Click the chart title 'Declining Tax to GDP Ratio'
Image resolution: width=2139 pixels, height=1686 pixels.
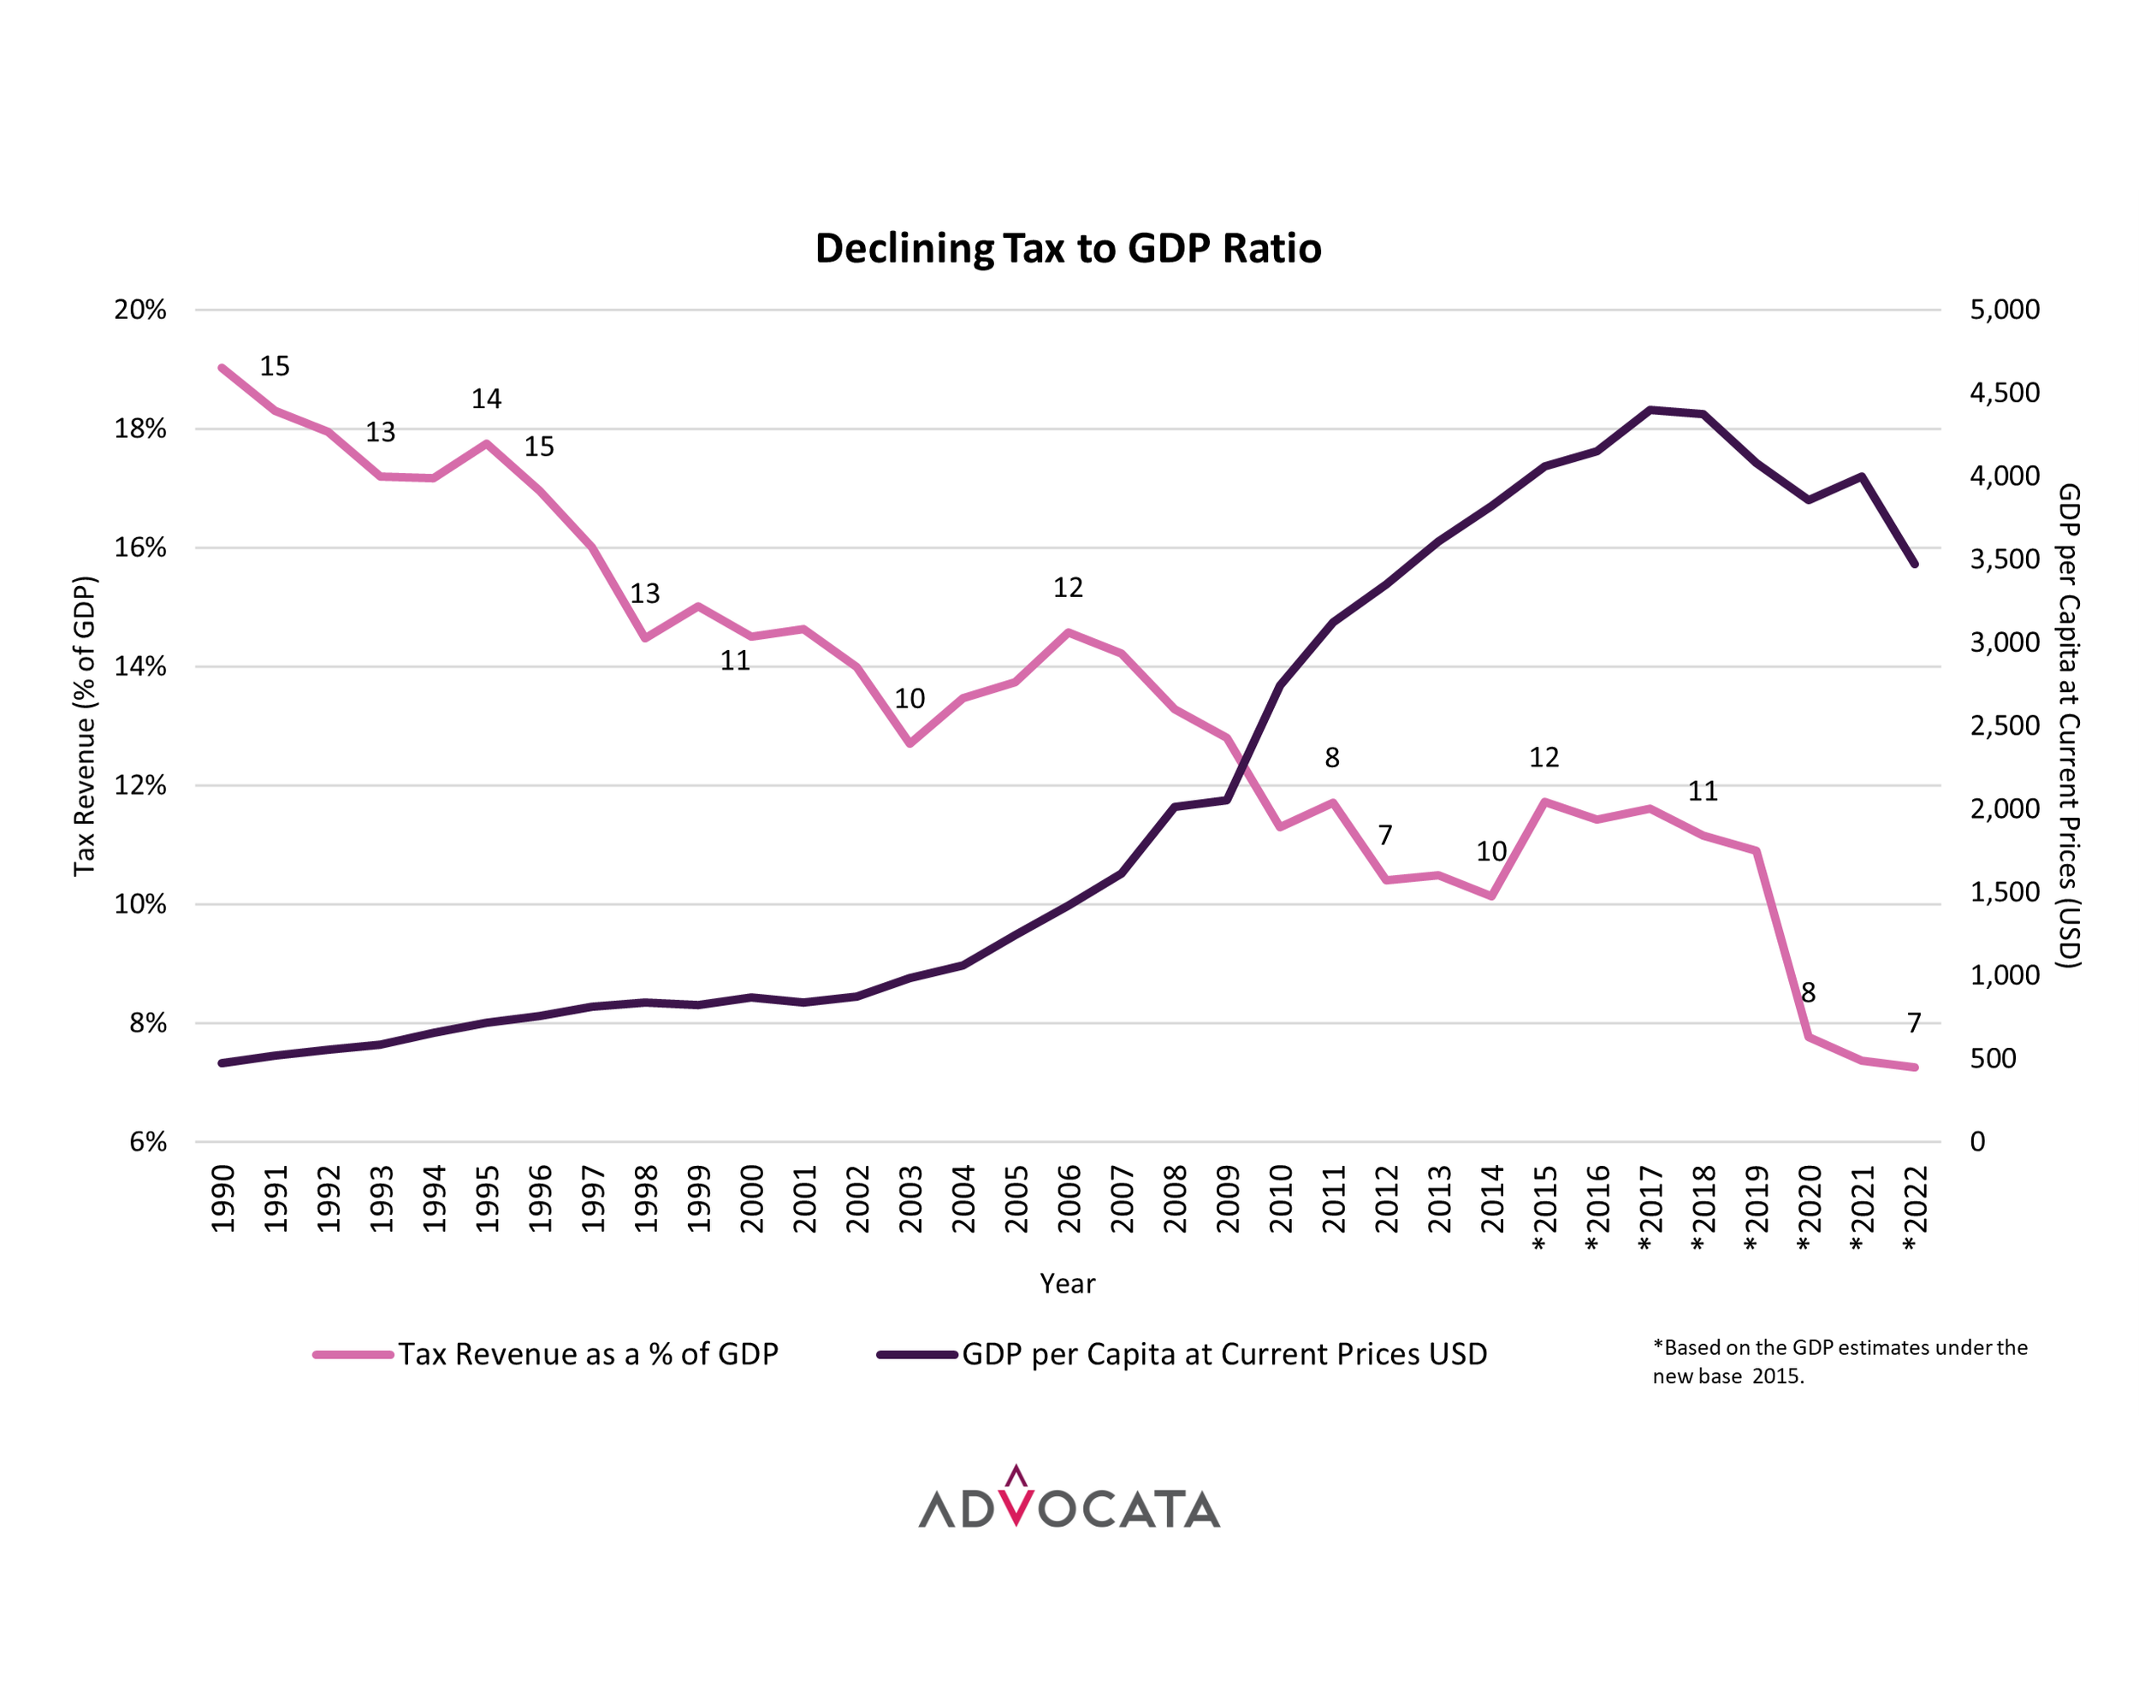click(1067, 248)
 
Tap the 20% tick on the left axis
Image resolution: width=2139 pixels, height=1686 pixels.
click(140, 310)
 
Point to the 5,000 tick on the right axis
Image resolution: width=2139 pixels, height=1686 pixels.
click(2004, 310)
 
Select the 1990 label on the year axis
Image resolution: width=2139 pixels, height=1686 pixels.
click(223, 1198)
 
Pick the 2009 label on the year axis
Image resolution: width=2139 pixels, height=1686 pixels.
click(1227, 1198)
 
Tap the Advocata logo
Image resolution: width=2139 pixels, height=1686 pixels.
click(1068, 1500)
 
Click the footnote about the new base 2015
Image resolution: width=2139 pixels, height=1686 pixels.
click(1839, 1361)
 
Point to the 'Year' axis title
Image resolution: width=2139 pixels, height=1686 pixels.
click(1067, 1283)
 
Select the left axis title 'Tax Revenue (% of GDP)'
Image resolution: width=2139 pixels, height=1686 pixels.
click(85, 725)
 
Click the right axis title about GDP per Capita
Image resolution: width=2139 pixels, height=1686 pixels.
click(2069, 725)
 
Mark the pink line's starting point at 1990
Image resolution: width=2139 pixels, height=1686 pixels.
click(222, 368)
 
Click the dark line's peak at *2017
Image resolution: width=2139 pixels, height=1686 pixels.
click(1650, 410)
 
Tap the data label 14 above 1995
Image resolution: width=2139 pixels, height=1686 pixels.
click(486, 399)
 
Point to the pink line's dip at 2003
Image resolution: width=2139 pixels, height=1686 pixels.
click(910, 742)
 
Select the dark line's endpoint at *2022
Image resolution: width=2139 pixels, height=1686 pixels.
click(1915, 564)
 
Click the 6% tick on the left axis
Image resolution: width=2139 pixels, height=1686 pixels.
click(148, 1142)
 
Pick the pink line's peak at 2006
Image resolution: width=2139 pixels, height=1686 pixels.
click(1068, 633)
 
